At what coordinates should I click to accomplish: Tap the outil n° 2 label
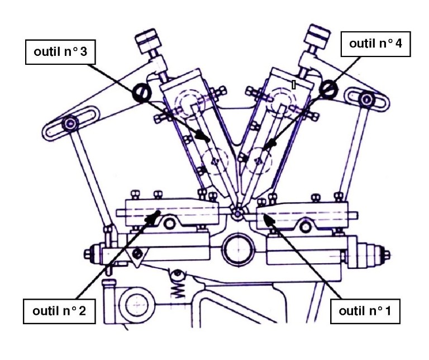pyautogui.click(x=58, y=310)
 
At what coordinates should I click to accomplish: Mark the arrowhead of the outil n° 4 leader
pyautogui.click(x=272, y=144)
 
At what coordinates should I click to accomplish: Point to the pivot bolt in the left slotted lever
pyautogui.click(x=71, y=123)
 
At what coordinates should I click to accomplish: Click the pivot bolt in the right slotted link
pyautogui.click(x=366, y=100)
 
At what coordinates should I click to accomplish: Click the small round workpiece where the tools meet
pyautogui.click(x=237, y=213)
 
